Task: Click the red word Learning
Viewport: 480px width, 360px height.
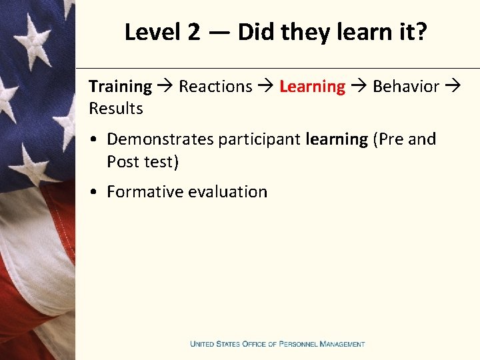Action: [x=312, y=87]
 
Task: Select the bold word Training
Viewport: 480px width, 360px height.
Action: [x=120, y=87]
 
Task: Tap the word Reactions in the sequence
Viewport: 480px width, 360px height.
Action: [x=215, y=87]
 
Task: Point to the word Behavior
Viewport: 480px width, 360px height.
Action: [x=406, y=87]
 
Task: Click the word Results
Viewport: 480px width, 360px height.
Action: [x=116, y=109]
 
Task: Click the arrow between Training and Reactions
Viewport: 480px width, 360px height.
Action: [x=165, y=87]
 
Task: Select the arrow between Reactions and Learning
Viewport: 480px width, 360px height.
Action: [x=266, y=87]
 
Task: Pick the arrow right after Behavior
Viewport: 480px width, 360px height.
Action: [x=453, y=87]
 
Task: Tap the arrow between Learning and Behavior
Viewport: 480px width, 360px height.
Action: [x=359, y=87]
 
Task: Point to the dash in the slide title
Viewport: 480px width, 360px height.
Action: [x=218, y=33]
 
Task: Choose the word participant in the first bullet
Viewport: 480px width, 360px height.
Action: [x=259, y=140]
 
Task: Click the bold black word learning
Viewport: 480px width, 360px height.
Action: [x=337, y=140]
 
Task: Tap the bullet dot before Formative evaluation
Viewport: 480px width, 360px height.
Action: [x=97, y=192]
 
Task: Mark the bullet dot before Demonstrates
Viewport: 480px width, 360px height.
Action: [x=97, y=139]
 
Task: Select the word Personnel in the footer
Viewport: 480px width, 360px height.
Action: [x=298, y=344]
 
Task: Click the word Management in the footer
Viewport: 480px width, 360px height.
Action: [x=342, y=344]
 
